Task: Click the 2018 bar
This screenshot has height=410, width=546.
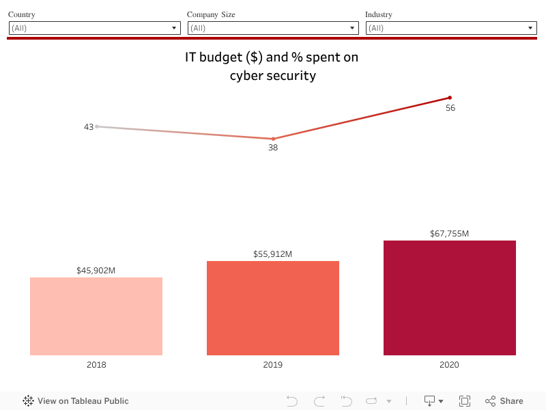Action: [x=96, y=316]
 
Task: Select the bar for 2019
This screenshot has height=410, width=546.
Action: [x=273, y=308]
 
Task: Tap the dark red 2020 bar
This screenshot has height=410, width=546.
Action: [x=449, y=298]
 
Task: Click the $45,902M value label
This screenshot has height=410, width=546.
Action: [x=96, y=271]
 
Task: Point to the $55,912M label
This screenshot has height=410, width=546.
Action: [x=273, y=254]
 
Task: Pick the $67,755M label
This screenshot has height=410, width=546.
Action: [x=449, y=234]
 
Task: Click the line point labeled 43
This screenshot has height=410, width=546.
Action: [x=97, y=126]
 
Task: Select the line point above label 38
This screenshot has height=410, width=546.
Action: [x=273, y=139]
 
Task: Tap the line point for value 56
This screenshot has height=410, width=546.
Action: [x=450, y=98]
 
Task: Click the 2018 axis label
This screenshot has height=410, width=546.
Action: [x=96, y=365]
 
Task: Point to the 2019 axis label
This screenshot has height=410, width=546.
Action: [x=273, y=365]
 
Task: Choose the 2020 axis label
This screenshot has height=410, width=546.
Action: [x=449, y=365]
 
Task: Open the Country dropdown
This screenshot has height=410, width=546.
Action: [x=94, y=28]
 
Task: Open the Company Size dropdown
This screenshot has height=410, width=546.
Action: [x=273, y=28]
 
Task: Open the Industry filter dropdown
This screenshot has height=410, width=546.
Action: [x=451, y=28]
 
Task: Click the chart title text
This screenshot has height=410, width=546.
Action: [x=272, y=66]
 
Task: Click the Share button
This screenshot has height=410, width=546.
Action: [x=504, y=401]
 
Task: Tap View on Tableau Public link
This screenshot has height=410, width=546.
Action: [x=76, y=401]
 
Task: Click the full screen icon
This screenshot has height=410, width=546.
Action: [x=465, y=401]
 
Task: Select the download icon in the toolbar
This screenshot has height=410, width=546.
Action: [x=433, y=401]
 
